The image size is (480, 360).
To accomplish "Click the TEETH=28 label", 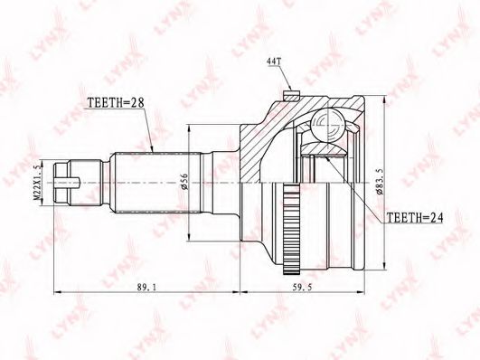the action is [116, 102].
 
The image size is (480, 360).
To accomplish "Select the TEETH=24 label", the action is [415, 217].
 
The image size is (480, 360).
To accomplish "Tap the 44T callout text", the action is [274, 62].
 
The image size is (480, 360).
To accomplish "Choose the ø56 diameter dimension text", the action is [184, 182].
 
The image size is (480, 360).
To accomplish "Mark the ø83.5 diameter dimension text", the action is [380, 182].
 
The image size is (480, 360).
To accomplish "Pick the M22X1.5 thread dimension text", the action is [37, 182].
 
